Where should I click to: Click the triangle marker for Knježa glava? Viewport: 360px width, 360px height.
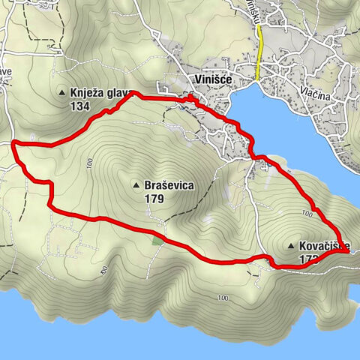pyautogui.click(x=62, y=93)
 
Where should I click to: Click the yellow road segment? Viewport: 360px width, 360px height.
pyautogui.click(x=258, y=56)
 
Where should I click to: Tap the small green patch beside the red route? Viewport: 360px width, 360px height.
pyautogui.click(x=157, y=240)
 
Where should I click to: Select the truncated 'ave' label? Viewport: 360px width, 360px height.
pyautogui.click(x=7, y=71)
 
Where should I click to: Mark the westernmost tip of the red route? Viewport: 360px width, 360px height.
pyautogui.click(x=14, y=141)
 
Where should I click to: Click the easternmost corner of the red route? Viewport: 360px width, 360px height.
pyautogui.click(x=348, y=253)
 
